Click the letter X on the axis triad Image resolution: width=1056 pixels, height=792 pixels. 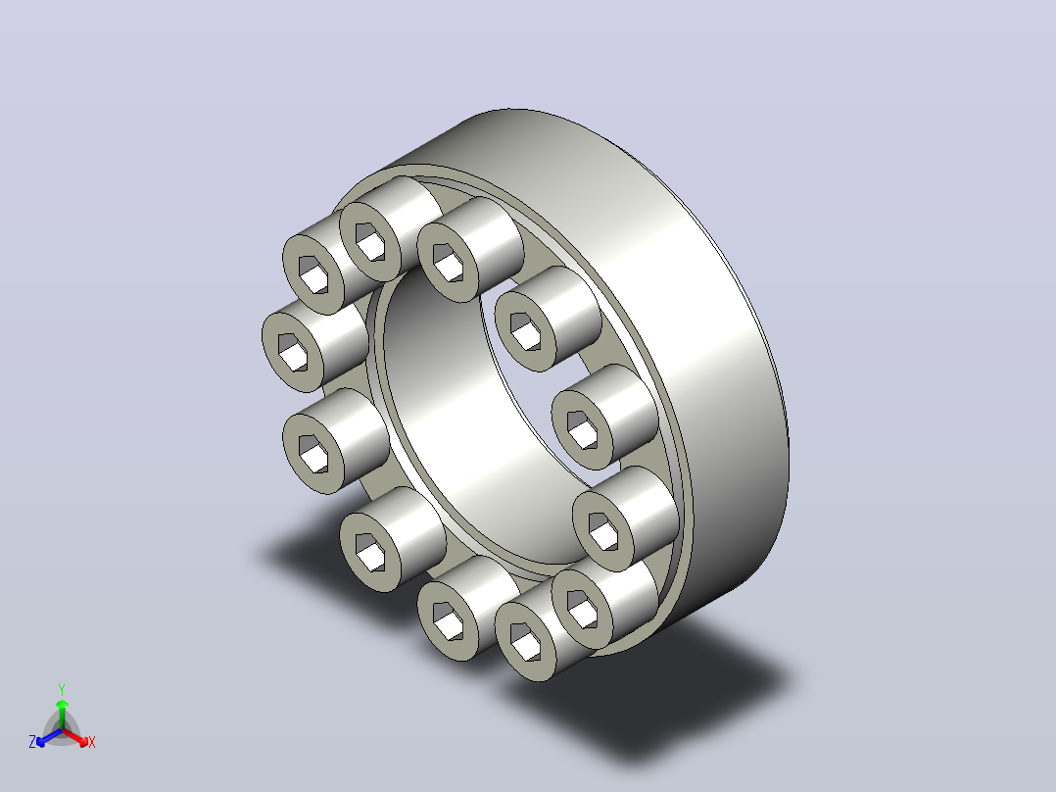(92, 742)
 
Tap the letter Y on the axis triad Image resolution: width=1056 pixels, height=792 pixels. (62, 689)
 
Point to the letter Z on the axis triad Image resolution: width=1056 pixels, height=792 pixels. (32, 741)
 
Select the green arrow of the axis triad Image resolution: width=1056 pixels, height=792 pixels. (62, 714)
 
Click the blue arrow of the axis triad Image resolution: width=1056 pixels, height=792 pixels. (49, 737)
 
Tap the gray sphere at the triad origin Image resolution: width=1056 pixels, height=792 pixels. (62, 729)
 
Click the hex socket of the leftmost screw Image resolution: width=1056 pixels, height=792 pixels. (292, 352)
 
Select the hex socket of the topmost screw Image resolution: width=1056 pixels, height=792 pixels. (370, 242)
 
